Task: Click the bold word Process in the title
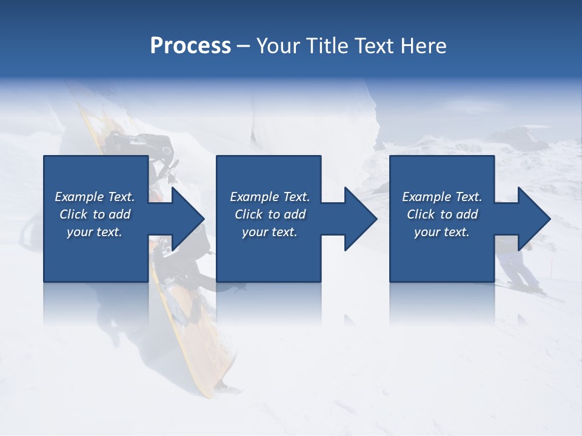pos(190,46)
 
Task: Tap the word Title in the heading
pos(326,46)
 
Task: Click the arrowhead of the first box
pos(186,219)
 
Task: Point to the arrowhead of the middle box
pos(358,219)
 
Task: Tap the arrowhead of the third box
pos(532,219)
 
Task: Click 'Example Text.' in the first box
pos(95,197)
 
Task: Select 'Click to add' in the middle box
pos(270,214)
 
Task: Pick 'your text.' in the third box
pos(441,232)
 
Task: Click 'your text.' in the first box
pos(95,232)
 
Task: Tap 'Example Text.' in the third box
pos(442,197)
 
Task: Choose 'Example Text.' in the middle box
pos(270,197)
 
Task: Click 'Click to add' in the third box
pos(442,214)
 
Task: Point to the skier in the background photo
pos(518,266)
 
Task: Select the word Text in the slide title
pos(372,46)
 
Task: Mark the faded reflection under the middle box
pos(269,303)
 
